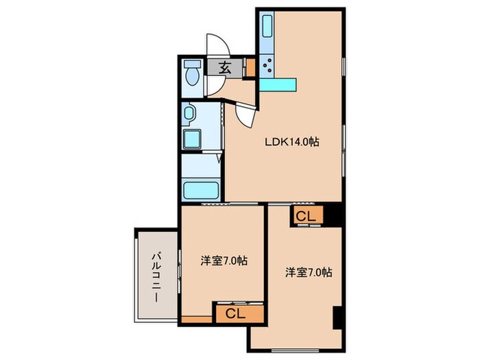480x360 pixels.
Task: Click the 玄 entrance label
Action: [x=225, y=67]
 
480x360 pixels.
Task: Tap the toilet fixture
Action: [x=192, y=74]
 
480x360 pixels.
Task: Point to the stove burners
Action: [x=267, y=67]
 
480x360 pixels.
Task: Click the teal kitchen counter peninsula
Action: [x=278, y=84]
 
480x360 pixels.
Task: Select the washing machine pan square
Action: [x=190, y=138]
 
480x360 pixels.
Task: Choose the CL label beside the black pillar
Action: [x=306, y=216]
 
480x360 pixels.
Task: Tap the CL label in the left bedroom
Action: [x=235, y=314]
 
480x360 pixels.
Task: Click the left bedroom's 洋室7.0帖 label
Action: [x=224, y=261]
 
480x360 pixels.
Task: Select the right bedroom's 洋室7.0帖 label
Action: [x=309, y=272]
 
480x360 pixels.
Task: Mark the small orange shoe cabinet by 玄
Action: [x=250, y=68]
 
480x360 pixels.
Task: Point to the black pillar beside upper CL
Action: [x=333, y=215]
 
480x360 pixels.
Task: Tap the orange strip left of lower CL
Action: [x=197, y=319]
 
